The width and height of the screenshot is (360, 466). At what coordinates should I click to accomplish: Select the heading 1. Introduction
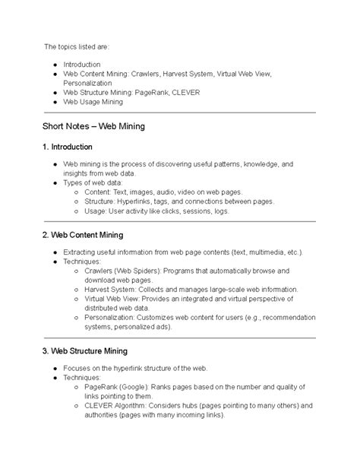[68, 146]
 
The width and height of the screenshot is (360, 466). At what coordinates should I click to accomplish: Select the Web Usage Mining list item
[93, 102]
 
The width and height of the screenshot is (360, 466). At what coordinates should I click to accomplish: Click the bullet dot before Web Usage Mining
[55, 102]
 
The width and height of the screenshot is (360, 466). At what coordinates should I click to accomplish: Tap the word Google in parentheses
[131, 387]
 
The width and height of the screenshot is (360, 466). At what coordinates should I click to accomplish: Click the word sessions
[196, 211]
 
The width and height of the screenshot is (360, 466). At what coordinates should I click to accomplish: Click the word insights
[77, 174]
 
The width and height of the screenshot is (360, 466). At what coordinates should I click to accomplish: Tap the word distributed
[102, 309]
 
